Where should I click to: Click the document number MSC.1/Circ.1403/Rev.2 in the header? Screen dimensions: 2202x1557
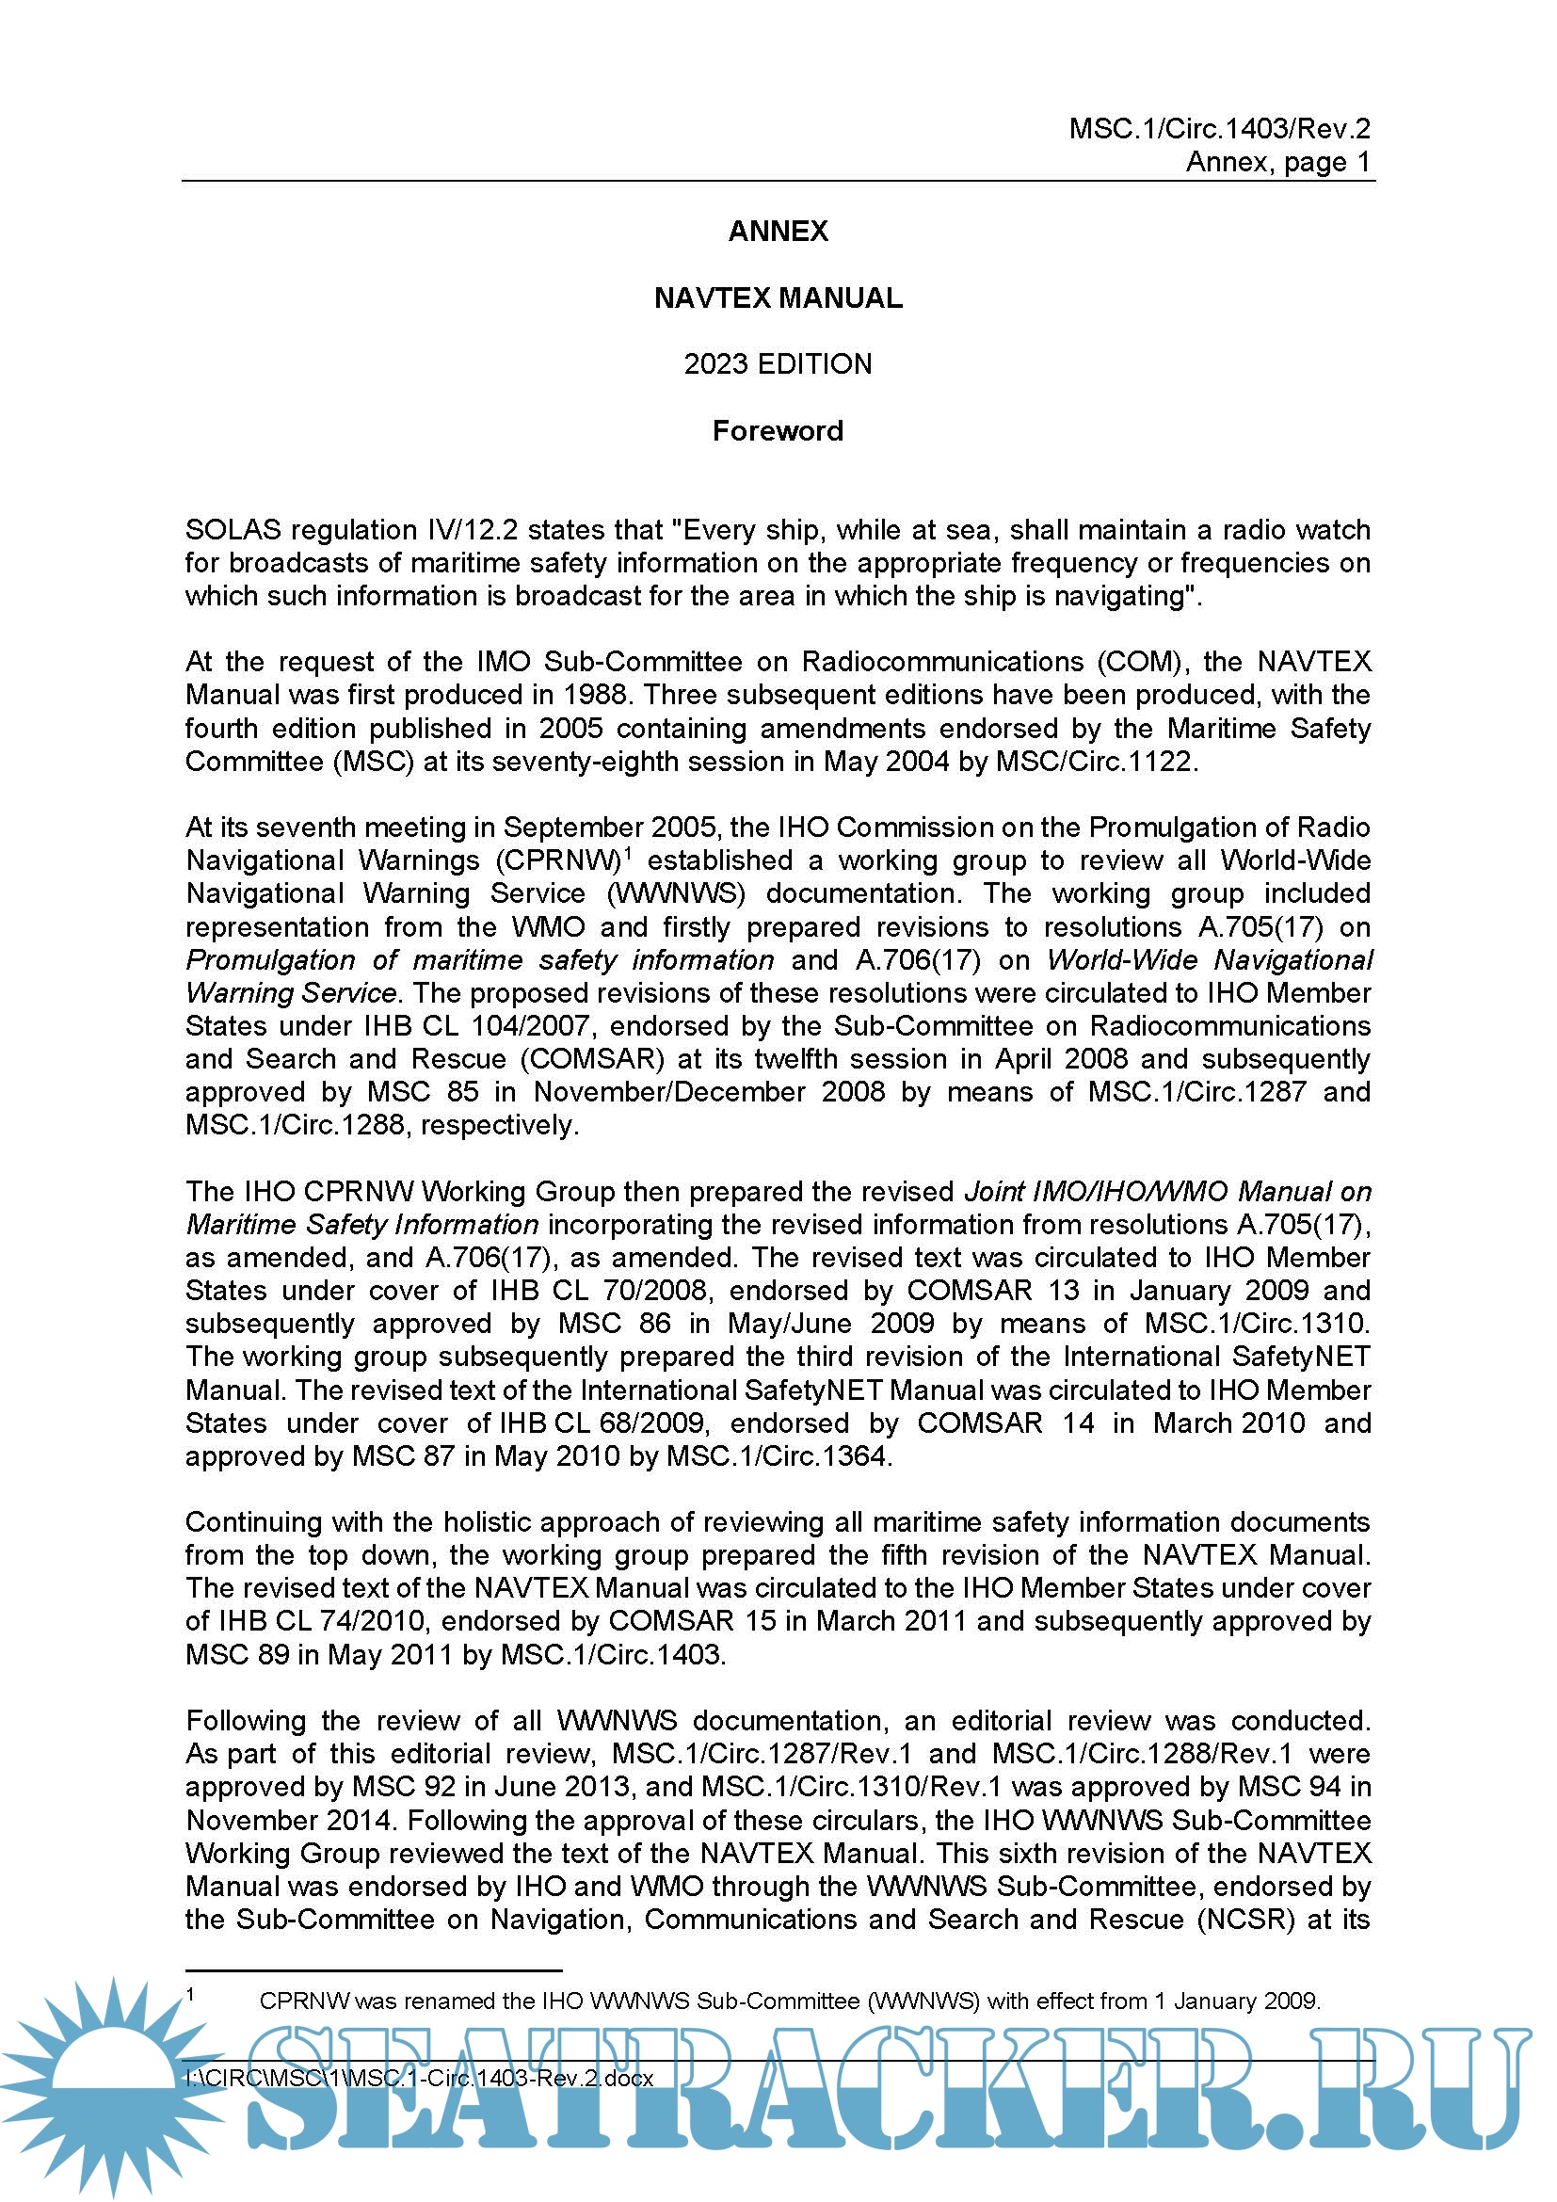1218,129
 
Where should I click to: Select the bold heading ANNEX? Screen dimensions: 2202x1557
778,232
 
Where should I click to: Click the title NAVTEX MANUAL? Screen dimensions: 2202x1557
778,298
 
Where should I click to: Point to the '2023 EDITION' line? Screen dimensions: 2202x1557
778,364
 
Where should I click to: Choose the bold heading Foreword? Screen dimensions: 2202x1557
778,431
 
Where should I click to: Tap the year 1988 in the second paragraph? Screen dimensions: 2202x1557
595,695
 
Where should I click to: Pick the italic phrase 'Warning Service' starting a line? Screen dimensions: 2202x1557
291,992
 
